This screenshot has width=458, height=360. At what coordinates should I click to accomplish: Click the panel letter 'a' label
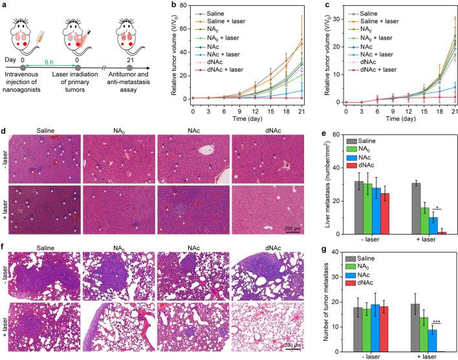click(5, 5)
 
